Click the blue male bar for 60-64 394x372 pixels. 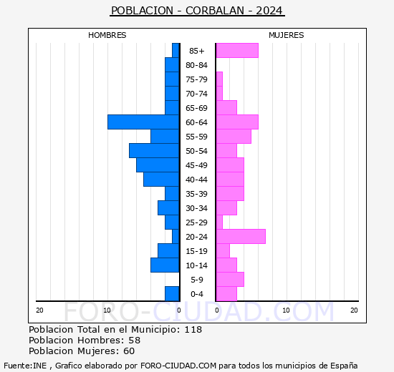pos(143,122)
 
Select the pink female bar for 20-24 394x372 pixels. pos(240,237)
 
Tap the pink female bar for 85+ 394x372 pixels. pos(236,51)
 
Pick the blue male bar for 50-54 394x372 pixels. pos(154,151)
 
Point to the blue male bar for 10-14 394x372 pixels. pos(165,265)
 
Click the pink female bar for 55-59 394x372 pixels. pos(233,137)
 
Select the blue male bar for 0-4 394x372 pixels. pos(172,294)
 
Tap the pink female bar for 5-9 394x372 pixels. pos(229,280)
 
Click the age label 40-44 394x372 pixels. pos(197,180)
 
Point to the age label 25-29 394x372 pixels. pos(197,222)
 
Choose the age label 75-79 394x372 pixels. pos(197,79)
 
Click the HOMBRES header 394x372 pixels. pos(107,35)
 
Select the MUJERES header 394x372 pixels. pos(286,35)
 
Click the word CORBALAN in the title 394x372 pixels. pos(215,11)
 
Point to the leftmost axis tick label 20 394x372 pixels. pos(39,310)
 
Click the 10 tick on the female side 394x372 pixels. pos(286,310)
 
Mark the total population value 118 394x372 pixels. pos(193,330)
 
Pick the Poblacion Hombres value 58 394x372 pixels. pos(135,341)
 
